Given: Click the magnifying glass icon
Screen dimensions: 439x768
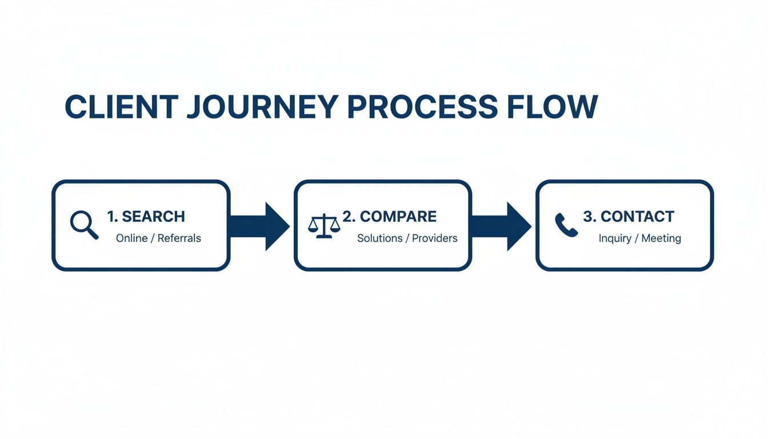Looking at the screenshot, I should [x=84, y=225].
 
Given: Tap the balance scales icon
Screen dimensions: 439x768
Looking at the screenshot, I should [x=323, y=225].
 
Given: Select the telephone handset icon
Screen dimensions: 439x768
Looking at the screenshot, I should [x=566, y=225].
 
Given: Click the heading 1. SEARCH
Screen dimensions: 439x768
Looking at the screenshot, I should [x=146, y=217].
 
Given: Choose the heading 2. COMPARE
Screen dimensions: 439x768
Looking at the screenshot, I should [x=389, y=217].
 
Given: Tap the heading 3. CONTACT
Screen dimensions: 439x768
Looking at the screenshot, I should [x=629, y=217].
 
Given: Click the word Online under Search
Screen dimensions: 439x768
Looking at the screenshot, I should [x=131, y=238].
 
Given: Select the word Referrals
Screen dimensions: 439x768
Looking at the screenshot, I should [x=179, y=238].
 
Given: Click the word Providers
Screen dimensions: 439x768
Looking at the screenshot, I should [x=435, y=238].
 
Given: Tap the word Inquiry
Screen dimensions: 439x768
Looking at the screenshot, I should [x=614, y=238].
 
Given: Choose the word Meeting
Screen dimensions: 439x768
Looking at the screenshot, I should [x=661, y=238].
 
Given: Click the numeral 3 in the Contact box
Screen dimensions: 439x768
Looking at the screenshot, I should [x=587, y=217].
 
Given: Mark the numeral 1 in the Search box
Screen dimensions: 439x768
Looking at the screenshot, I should [x=111, y=217].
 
